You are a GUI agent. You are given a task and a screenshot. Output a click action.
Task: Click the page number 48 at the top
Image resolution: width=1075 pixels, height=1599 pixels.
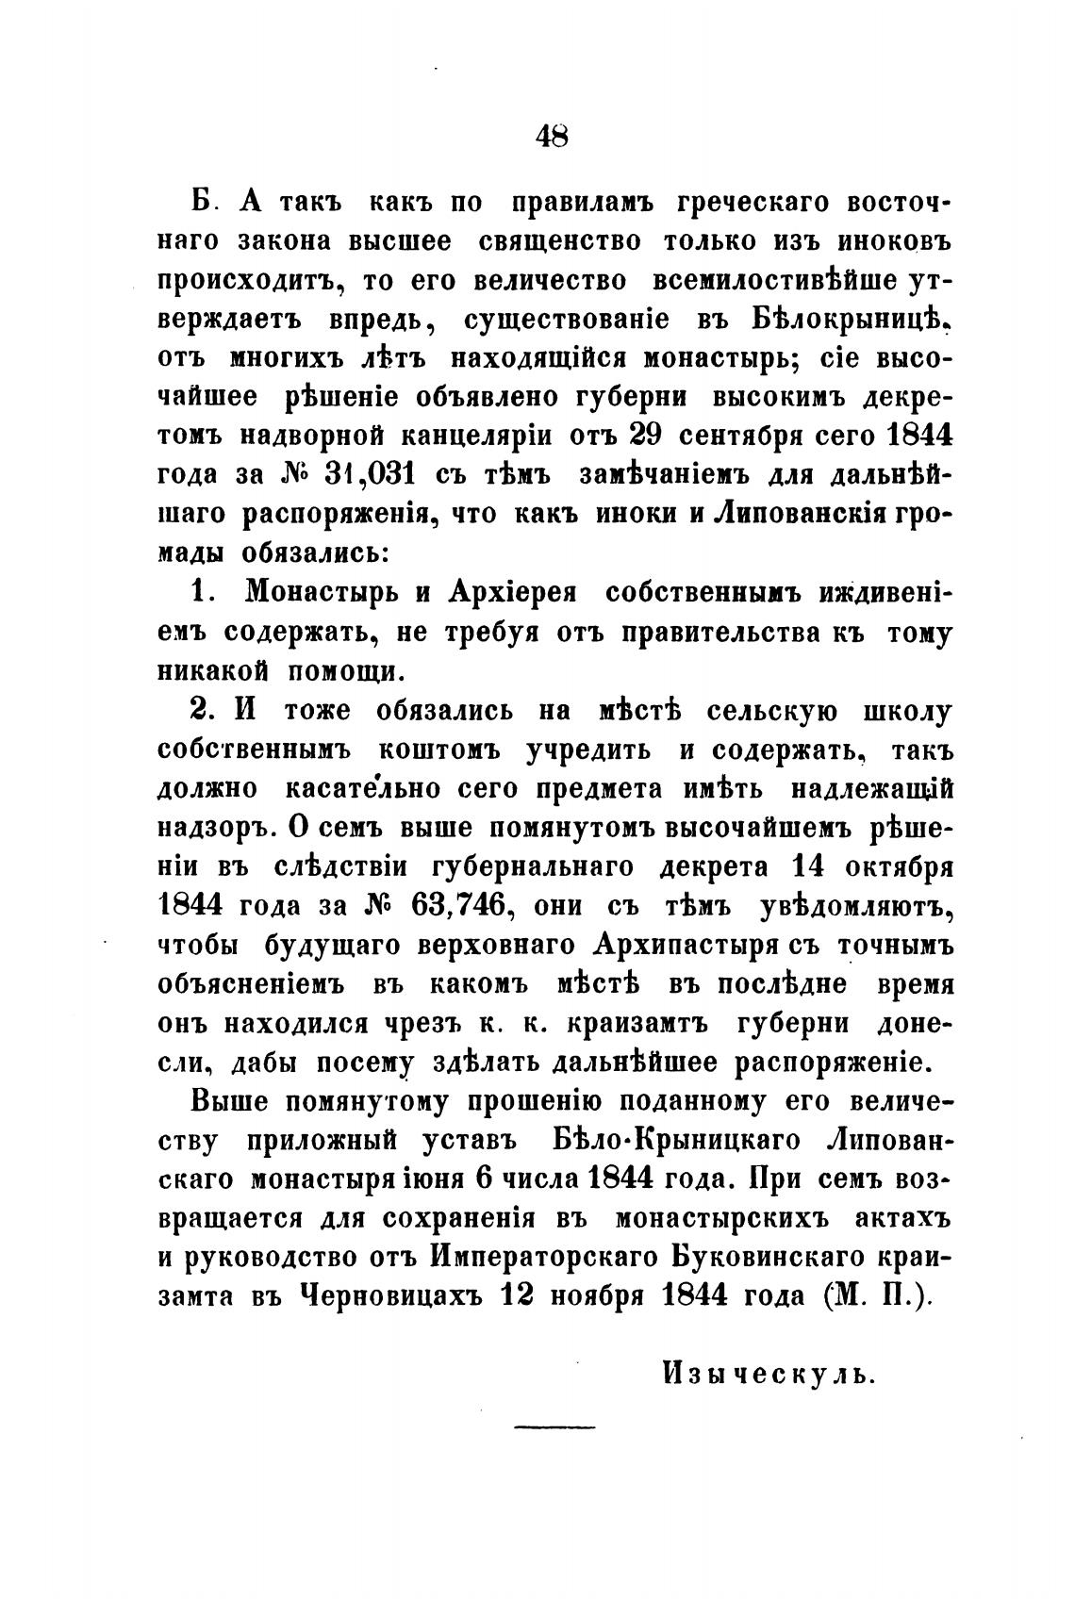tap(552, 136)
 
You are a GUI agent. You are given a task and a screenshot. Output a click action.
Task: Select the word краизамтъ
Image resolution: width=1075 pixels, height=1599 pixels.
tap(629, 1024)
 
